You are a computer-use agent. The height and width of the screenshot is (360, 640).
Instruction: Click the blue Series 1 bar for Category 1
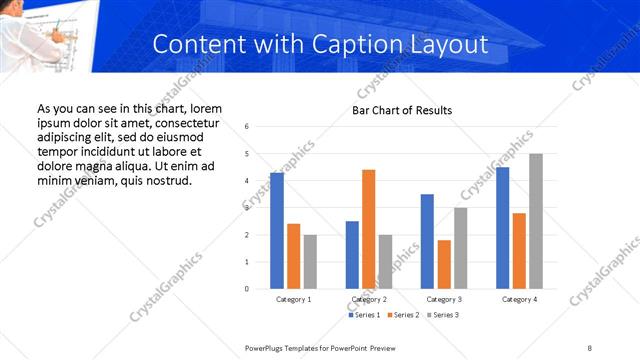click(277, 230)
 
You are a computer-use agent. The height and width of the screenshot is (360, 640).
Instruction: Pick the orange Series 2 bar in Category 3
click(444, 264)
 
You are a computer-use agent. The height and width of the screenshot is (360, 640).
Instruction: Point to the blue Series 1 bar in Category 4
click(502, 227)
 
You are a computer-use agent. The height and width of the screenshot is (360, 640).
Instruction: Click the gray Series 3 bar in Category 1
click(310, 261)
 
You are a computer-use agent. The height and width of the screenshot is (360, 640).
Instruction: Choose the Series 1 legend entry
click(363, 315)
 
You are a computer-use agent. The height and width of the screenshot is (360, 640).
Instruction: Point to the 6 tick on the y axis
click(247, 127)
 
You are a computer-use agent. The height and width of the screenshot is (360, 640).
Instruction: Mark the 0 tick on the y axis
click(247, 289)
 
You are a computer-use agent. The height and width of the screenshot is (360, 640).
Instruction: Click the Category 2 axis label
click(369, 300)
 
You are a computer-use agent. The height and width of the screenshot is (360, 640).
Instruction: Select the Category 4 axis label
click(519, 300)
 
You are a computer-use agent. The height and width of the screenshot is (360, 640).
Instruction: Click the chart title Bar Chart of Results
click(402, 110)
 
